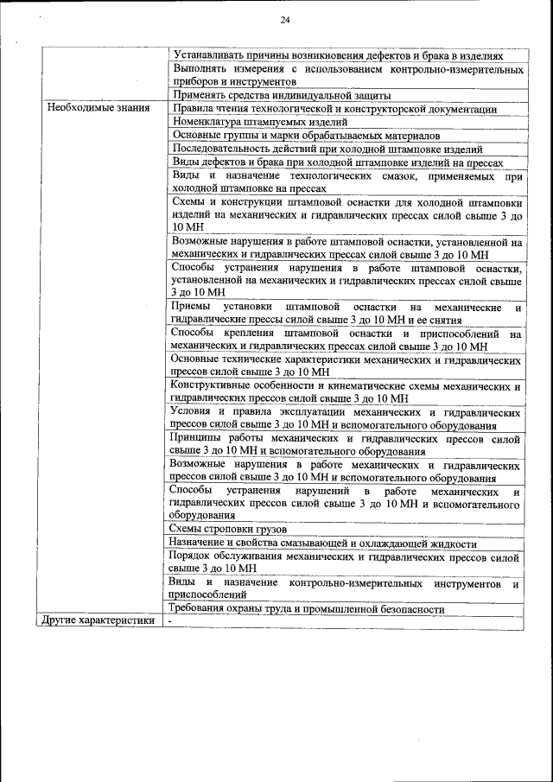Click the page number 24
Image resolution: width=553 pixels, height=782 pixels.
[x=284, y=21]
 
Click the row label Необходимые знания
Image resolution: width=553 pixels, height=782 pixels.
[x=97, y=109]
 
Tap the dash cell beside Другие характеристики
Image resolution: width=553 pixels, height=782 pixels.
[x=171, y=620]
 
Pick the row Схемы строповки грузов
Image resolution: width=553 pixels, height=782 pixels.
[x=229, y=529]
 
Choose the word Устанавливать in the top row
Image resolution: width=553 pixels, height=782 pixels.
[x=210, y=54]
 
